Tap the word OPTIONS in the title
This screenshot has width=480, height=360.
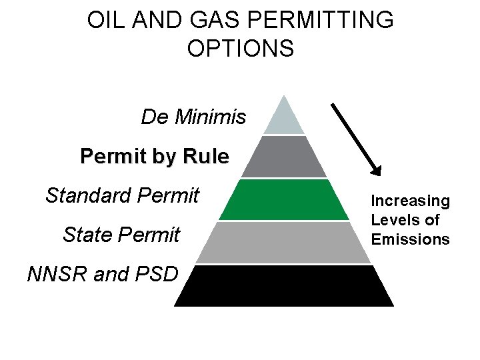tap(240, 49)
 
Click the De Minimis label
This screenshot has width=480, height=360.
tap(193, 118)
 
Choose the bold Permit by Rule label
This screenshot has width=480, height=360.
tap(154, 157)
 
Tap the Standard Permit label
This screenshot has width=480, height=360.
tap(123, 195)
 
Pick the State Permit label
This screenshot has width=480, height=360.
tap(121, 235)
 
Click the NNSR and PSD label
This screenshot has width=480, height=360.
tap(102, 274)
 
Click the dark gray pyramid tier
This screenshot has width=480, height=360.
tap(284, 157)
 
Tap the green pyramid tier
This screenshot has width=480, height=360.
tap(284, 199)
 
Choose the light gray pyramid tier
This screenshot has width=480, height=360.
tap(284, 242)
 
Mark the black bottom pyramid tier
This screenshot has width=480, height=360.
tap(284, 285)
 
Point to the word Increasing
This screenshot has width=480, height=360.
tap(410, 201)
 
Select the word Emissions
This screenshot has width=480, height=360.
tap(410, 239)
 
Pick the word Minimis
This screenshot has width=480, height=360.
tap(210, 118)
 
